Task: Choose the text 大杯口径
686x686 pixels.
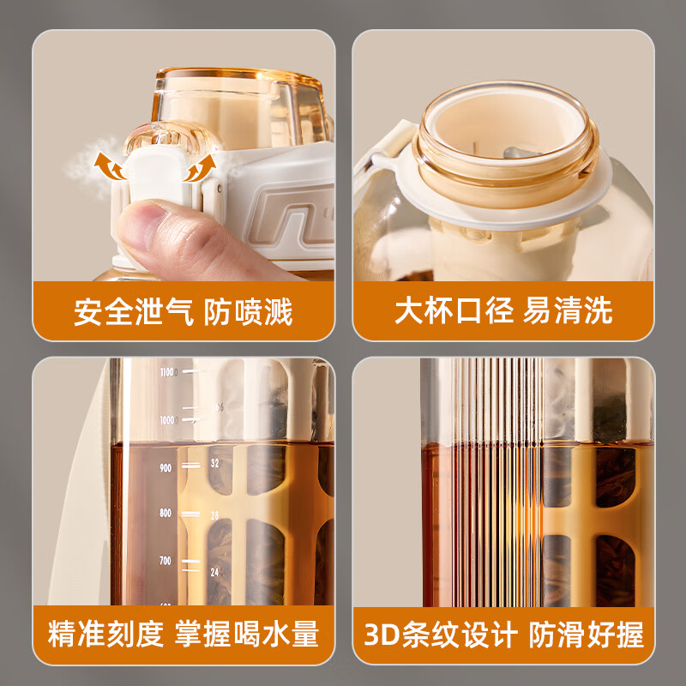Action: (452, 310)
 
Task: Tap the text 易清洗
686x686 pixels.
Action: (569, 310)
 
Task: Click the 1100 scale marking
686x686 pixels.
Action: (166, 372)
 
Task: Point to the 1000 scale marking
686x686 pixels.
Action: (166, 420)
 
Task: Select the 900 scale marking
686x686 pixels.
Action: (165, 468)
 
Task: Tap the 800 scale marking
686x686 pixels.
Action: (165, 514)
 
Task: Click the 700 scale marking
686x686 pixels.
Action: (165, 561)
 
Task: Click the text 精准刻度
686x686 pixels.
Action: (105, 635)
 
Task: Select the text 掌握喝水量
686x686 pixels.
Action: (247, 635)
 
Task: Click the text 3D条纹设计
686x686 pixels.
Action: (442, 635)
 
